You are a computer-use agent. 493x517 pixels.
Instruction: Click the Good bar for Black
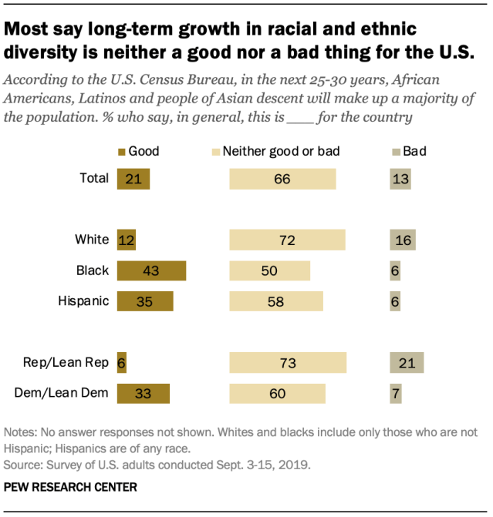151,270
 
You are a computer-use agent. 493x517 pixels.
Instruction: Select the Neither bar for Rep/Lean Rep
288,363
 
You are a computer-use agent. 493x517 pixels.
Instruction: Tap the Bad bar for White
403,240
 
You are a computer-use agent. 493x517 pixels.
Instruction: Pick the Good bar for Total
133,179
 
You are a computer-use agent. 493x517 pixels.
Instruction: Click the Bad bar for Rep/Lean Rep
407,363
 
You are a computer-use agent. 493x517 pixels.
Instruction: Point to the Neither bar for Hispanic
276,300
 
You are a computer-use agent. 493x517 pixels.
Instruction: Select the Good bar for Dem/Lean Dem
143,394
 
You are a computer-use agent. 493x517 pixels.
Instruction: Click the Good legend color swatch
121,152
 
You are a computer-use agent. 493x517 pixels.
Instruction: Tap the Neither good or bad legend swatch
216,152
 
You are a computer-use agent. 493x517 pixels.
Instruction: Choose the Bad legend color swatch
397,152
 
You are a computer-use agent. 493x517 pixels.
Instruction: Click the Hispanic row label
83,300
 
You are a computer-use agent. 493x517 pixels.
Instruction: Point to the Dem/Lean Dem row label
62,394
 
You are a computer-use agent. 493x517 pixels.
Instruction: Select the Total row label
94,179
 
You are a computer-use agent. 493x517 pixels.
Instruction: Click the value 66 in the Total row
282,180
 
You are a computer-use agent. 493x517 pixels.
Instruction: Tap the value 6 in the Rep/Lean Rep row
121,363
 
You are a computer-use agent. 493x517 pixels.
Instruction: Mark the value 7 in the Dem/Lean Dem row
395,394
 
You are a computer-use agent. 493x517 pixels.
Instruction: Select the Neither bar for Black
269,270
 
